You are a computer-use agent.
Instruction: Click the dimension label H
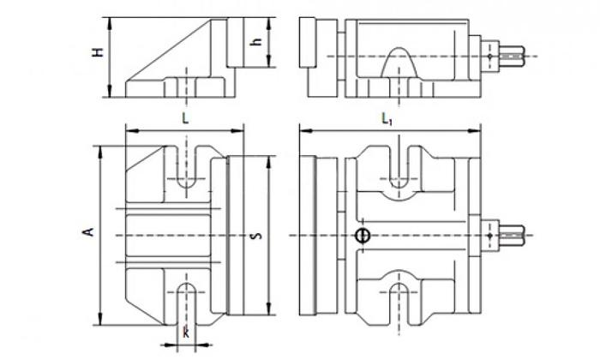[x=99, y=52]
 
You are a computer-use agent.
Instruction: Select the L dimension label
[x=185, y=121]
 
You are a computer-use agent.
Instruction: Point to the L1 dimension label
[x=388, y=121]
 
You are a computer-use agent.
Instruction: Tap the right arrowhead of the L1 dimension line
[x=477, y=131]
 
